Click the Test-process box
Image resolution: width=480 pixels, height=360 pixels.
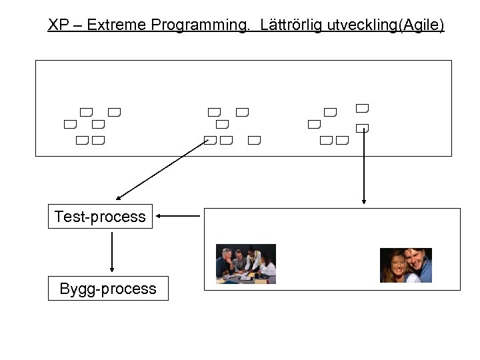tap(100, 217)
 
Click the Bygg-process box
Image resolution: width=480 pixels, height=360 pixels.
tap(107, 289)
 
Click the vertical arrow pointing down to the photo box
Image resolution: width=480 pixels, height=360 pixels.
tap(363, 167)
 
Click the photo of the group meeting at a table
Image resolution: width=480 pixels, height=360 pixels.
tap(245, 264)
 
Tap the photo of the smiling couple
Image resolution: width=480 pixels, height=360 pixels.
tap(405, 265)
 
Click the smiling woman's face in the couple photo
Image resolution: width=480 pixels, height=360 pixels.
tap(394, 265)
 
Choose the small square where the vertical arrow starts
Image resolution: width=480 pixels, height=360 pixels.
tap(362, 128)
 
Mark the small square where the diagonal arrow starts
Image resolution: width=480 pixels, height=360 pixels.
tap(210, 141)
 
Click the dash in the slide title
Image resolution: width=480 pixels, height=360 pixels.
tap(80, 26)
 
